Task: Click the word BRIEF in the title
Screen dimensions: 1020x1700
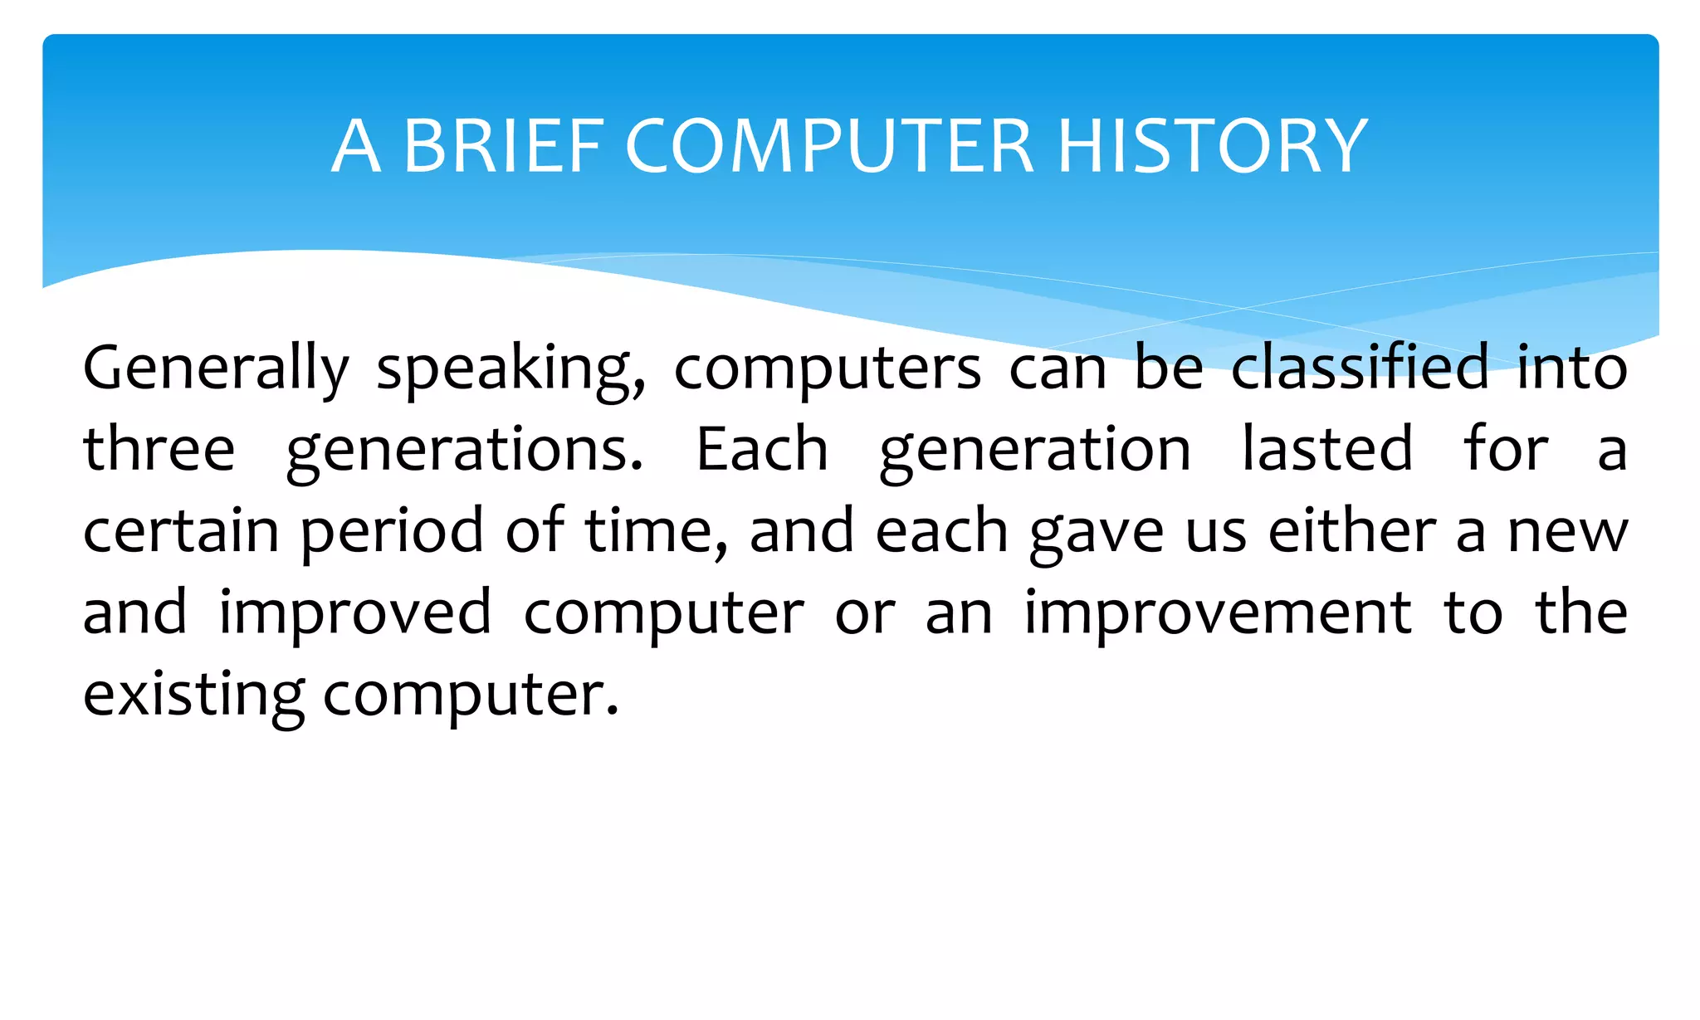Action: (x=504, y=146)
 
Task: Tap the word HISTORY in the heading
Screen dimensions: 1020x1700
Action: (x=1212, y=146)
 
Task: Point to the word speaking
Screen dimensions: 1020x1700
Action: (x=510, y=368)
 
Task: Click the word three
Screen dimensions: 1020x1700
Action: (x=159, y=449)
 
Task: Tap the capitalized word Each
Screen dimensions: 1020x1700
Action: (x=761, y=449)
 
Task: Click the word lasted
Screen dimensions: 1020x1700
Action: (x=1326, y=449)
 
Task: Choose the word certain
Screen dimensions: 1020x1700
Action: (x=180, y=531)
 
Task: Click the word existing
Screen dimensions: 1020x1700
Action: (x=193, y=695)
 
